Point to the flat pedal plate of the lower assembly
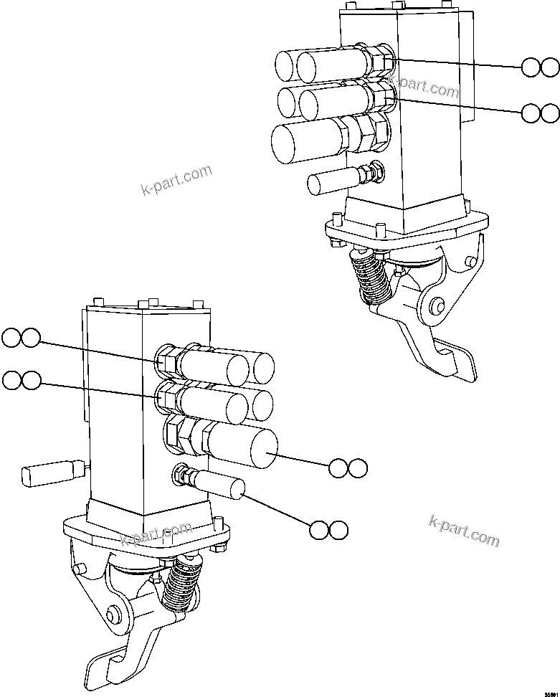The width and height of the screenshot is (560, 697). (x=108, y=666)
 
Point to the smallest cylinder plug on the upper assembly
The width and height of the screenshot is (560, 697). (x=332, y=181)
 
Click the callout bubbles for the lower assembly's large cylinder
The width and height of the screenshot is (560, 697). (x=348, y=468)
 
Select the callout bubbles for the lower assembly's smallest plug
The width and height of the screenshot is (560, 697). (x=329, y=530)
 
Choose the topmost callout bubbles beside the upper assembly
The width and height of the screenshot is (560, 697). (x=540, y=67)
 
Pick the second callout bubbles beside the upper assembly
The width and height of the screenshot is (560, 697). (x=540, y=113)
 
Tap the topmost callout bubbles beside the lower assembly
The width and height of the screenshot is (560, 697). (x=21, y=337)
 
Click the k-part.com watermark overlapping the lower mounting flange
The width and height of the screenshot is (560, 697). (x=156, y=535)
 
